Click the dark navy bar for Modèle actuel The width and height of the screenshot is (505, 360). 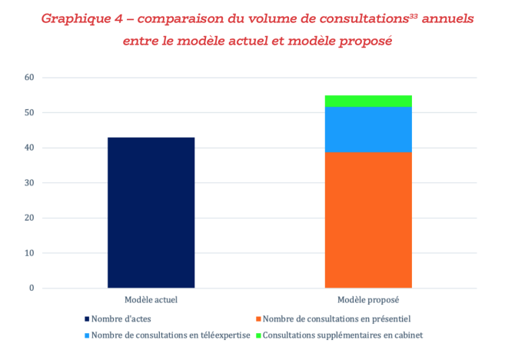(151, 212)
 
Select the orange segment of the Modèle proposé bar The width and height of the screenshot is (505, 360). (367, 219)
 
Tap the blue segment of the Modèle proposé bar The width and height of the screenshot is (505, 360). (367, 129)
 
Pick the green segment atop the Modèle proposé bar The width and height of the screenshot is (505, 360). (367, 101)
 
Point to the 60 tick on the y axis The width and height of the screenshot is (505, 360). (30, 78)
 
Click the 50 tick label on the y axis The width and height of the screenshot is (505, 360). (30, 113)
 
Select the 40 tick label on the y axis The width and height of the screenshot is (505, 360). (30, 148)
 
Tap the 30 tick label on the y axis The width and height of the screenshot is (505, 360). (30, 183)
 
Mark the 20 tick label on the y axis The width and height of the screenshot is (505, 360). (30, 218)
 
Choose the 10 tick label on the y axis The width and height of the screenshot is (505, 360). (30, 253)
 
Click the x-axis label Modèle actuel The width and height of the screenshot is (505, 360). (151, 299)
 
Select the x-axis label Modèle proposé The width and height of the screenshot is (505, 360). (367, 299)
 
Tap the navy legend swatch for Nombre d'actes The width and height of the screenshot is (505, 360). (86, 318)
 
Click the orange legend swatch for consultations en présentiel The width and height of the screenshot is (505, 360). (257, 318)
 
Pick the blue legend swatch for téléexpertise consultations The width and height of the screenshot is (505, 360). (86, 335)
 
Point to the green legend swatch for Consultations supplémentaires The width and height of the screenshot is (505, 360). (257, 335)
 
